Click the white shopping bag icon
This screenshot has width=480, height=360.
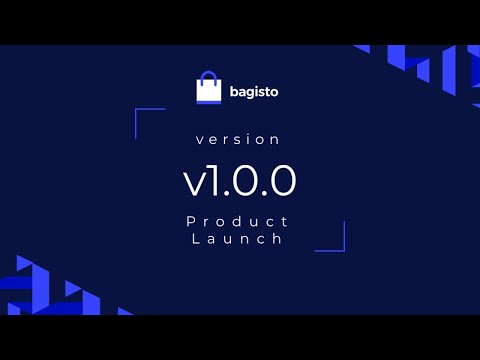pyautogui.click(x=208, y=89)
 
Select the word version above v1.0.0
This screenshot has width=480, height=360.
pyautogui.click(x=239, y=139)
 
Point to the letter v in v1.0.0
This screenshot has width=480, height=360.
pyautogui.click(x=193, y=181)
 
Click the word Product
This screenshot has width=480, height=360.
pyautogui.click(x=238, y=220)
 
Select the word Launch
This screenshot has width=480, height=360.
pyautogui.click(x=239, y=239)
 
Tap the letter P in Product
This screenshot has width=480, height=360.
pyautogui.click(x=191, y=220)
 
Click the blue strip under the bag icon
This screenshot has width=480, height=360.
pyautogui.click(x=208, y=100)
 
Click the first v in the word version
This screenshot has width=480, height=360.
pyautogui.click(x=200, y=140)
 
